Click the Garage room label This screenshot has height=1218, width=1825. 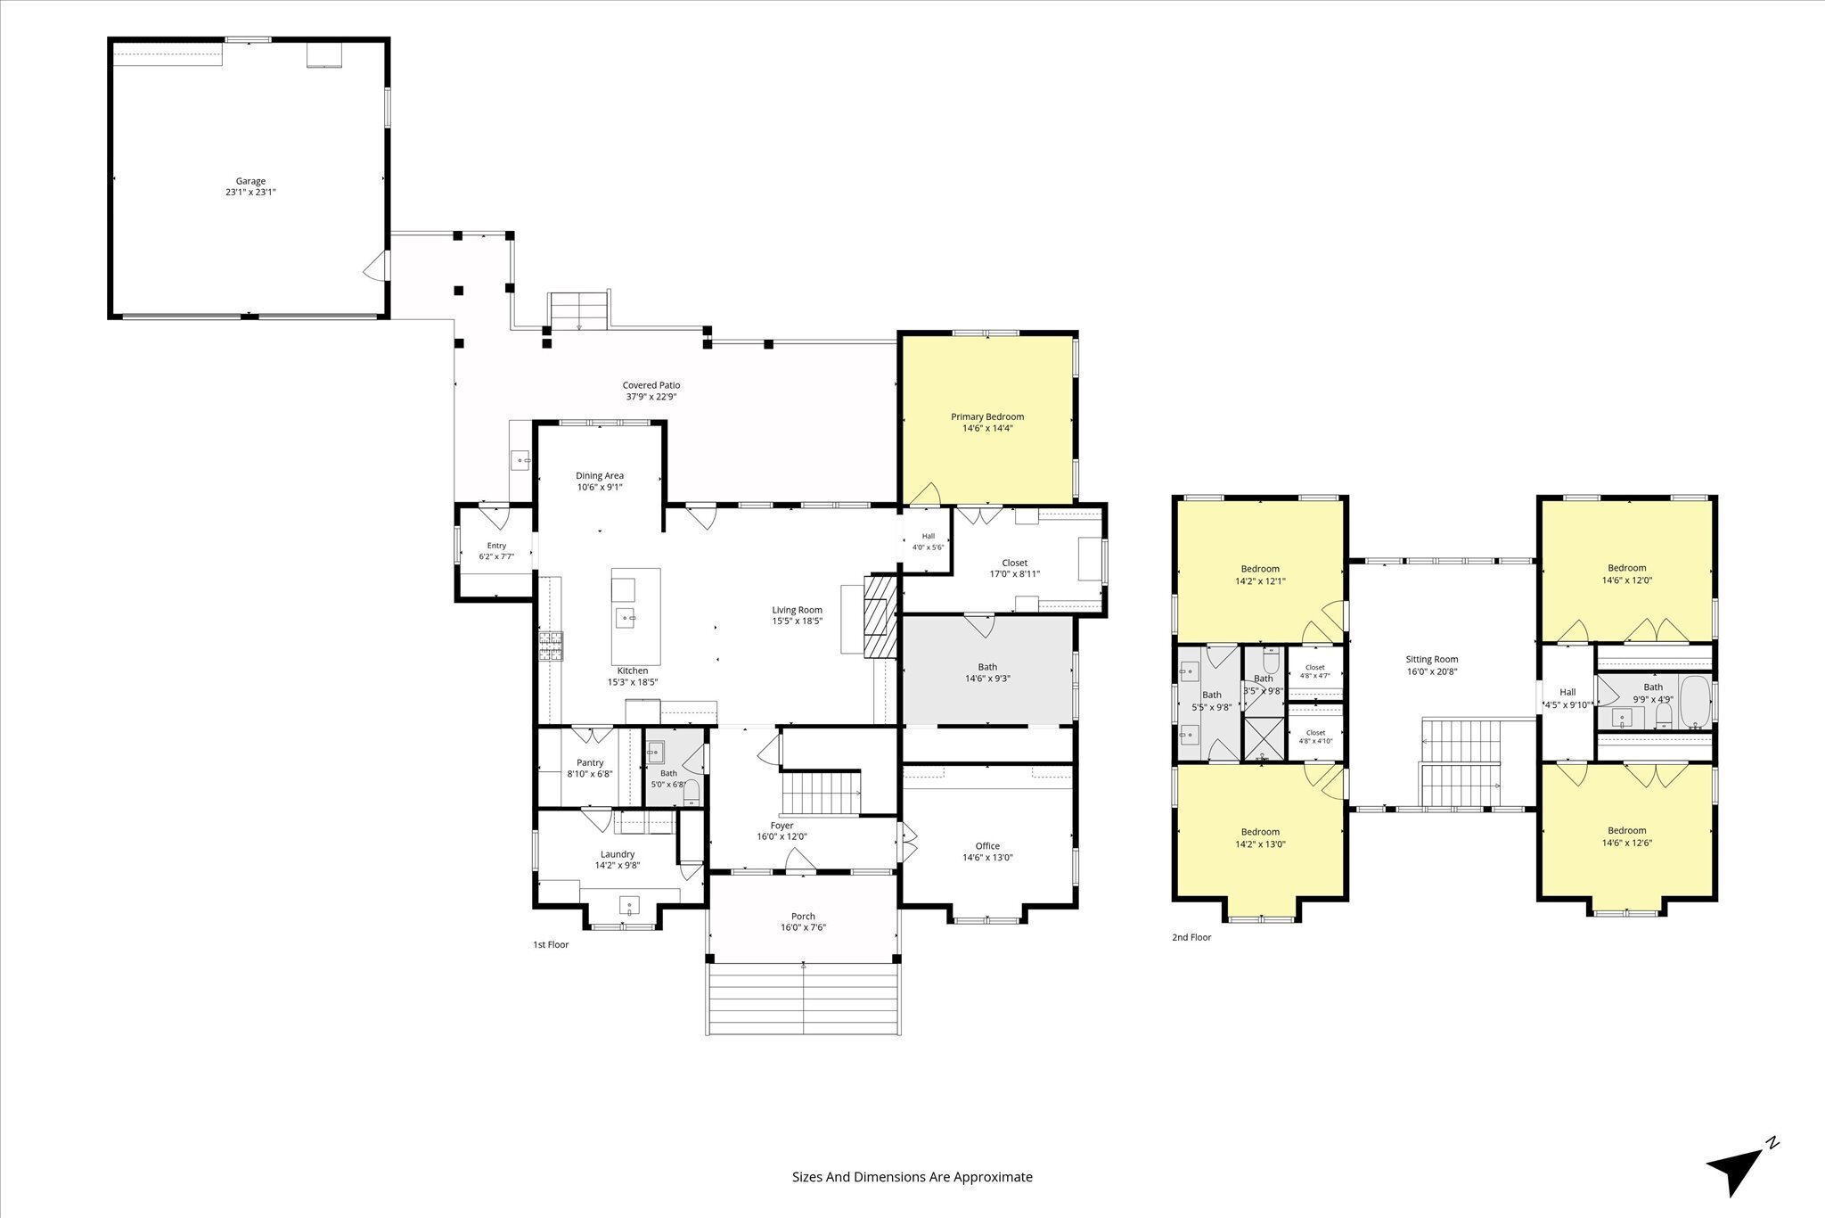click(250, 181)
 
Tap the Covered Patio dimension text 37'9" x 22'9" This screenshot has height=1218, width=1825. click(651, 397)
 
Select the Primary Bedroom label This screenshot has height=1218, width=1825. click(987, 416)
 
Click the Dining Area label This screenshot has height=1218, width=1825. click(600, 475)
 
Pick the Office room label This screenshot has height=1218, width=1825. click(987, 846)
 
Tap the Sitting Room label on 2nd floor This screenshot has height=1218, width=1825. click(1432, 660)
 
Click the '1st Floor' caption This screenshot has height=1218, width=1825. click(551, 944)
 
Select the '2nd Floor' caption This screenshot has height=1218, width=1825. click(1191, 937)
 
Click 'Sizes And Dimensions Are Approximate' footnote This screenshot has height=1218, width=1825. click(912, 1177)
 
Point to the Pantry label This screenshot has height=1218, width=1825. click(590, 762)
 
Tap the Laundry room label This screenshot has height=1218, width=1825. click(618, 853)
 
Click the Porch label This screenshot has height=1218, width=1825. click(803, 916)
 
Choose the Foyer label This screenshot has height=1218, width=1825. click(782, 825)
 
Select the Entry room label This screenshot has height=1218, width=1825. click(496, 546)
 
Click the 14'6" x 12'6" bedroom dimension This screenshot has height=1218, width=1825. click(1626, 843)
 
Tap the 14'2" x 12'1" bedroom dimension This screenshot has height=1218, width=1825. click(1260, 580)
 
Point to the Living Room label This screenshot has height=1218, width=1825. click(797, 610)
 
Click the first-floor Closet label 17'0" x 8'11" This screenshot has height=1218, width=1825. click(1014, 563)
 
